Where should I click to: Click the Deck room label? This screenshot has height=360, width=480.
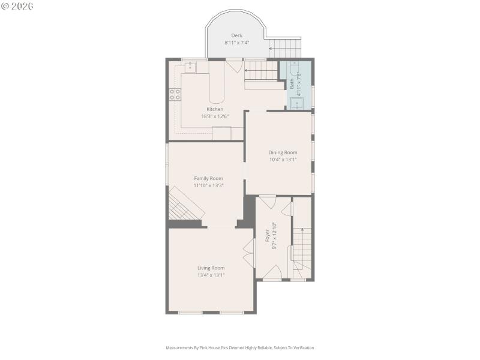pos(236,35)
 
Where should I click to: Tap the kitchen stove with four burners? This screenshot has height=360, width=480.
pos(175,94)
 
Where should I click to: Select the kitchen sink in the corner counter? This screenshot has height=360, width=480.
pos(188,67)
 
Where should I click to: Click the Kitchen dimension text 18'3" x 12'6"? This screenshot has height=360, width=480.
pos(215,116)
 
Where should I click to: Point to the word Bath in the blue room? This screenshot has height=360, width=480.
pos(292,85)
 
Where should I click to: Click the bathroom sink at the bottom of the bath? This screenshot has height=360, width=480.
pos(297,103)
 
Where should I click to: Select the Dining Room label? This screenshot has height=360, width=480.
pos(283,152)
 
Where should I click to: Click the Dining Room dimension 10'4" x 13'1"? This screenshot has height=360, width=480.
pos(283,160)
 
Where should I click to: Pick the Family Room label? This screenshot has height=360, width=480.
pos(208,178)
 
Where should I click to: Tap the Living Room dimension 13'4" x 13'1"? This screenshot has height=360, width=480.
pos(211,275)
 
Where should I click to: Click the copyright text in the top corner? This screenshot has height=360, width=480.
pos(18,5)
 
